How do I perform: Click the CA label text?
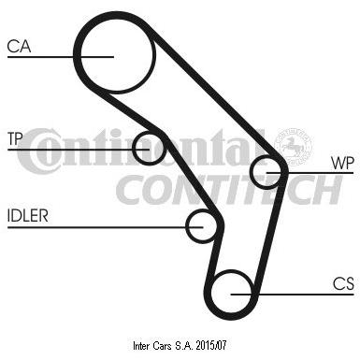19,46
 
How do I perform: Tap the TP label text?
15,138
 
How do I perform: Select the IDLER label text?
28,216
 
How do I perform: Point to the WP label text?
342,163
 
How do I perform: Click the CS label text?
343,284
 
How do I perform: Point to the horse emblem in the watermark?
293,146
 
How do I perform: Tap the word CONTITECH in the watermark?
229,189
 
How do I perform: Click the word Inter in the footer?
141,345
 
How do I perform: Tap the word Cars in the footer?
162,345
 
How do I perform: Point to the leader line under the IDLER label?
106,227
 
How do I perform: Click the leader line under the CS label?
293,294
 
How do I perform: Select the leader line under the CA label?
61,57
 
